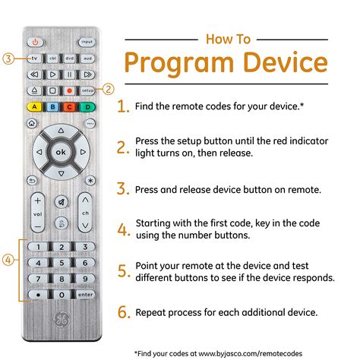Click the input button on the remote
click(x=87, y=42)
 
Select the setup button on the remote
click(x=87, y=90)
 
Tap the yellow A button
click(x=35, y=106)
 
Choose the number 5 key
click(x=61, y=262)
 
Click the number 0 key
click(x=61, y=294)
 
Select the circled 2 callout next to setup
click(x=109, y=90)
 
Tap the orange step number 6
click(x=123, y=312)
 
